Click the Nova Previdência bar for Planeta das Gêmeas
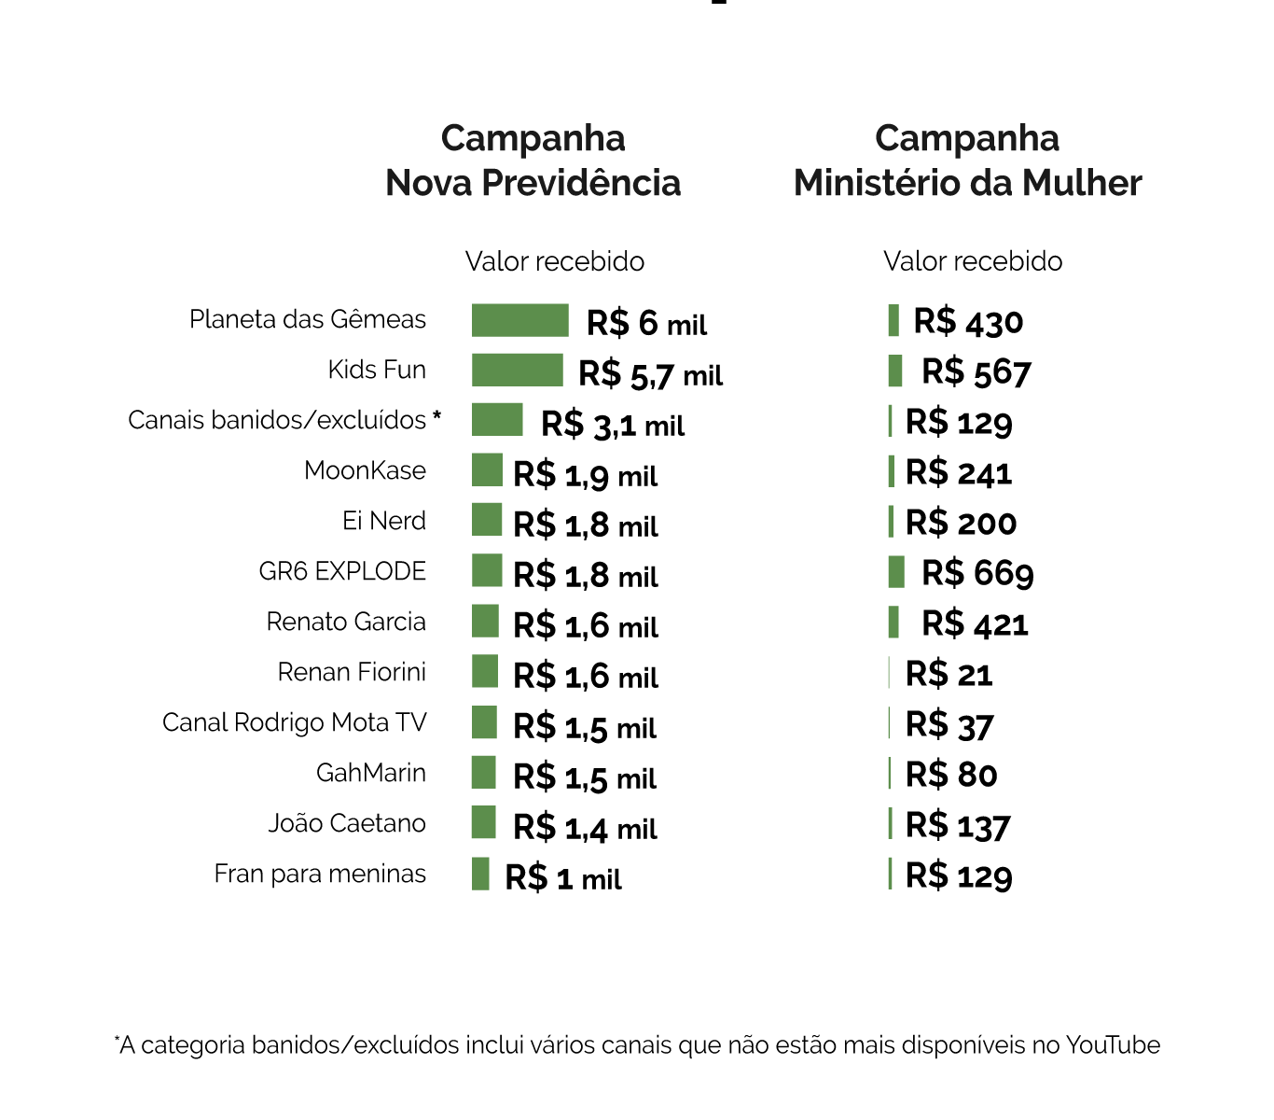[x=519, y=320]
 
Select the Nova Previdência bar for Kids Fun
[x=517, y=371]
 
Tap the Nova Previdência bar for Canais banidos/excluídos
[x=496, y=420]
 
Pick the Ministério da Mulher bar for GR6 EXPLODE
[x=896, y=571]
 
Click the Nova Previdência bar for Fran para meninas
[x=480, y=874]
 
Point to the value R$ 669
[x=977, y=573]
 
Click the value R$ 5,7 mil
[x=650, y=374]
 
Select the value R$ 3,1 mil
[x=613, y=425]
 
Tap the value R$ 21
[x=949, y=674]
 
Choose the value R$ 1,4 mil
[x=585, y=827]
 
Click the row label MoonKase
[x=365, y=470]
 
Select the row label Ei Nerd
[x=384, y=521]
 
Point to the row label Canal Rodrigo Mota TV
[x=294, y=722]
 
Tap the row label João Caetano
[x=347, y=823]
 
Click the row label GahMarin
[x=371, y=773]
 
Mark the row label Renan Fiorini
[x=352, y=672]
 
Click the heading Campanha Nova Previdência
[x=533, y=161]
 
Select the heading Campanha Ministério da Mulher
[x=967, y=161]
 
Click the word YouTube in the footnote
[x=1113, y=1045]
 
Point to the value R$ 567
[x=976, y=372]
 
